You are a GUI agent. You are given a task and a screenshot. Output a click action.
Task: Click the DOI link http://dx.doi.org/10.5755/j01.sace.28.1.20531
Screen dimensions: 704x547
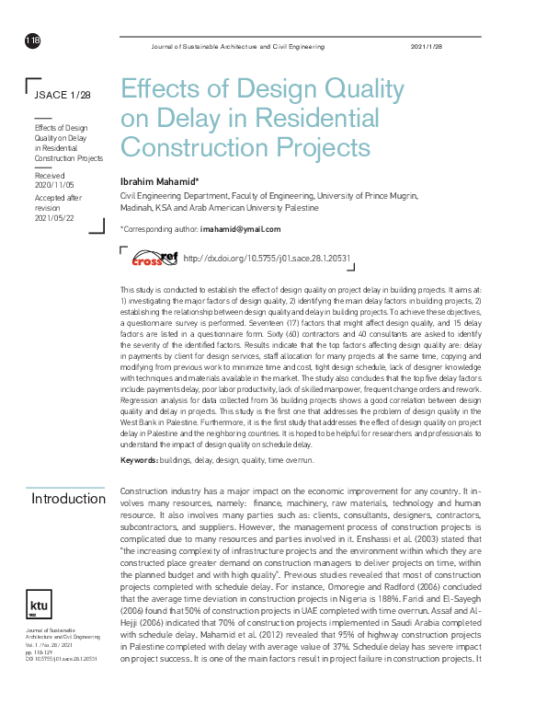(x=268, y=260)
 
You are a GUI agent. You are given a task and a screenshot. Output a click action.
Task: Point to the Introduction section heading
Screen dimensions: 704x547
(x=68, y=498)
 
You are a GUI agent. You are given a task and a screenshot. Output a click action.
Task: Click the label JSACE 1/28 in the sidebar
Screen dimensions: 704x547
(x=62, y=95)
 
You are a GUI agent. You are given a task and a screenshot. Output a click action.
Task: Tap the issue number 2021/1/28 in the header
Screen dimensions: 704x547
(x=426, y=46)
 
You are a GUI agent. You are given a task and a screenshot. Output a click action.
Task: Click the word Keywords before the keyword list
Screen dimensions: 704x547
(x=138, y=458)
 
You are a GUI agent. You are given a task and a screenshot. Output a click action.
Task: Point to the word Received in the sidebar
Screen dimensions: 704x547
(x=50, y=174)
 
